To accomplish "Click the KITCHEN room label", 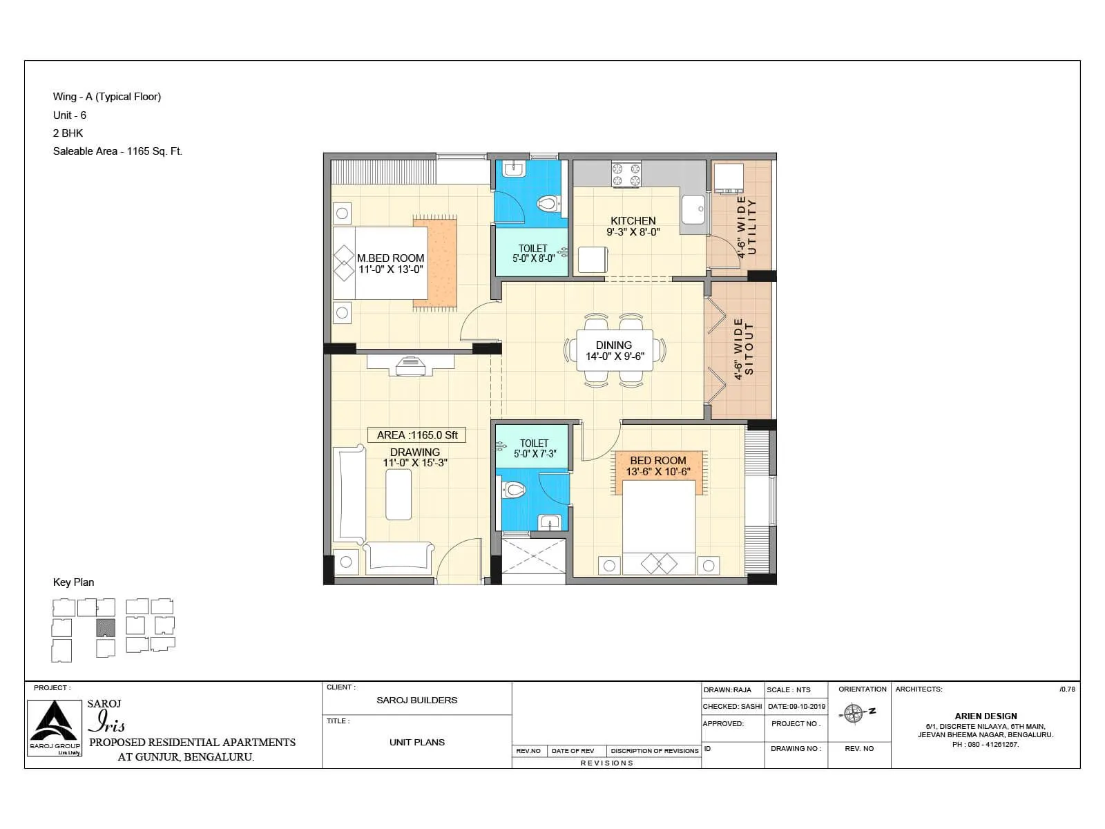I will pyautogui.click(x=633, y=221).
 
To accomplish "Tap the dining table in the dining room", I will pyautogui.click(x=614, y=351).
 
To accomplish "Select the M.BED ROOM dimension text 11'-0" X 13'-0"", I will pyautogui.click(x=390, y=270).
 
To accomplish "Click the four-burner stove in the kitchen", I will pyautogui.click(x=626, y=174).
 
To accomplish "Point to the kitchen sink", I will pyautogui.click(x=693, y=209).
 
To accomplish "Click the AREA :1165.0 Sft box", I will pyautogui.click(x=416, y=435).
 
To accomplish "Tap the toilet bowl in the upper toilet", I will pyautogui.click(x=547, y=204).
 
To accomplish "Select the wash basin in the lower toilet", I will pyautogui.click(x=550, y=522).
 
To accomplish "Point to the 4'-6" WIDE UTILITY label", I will pyautogui.click(x=747, y=227).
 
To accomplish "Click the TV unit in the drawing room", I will pyautogui.click(x=410, y=365).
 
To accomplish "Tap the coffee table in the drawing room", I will pyautogui.click(x=398, y=494).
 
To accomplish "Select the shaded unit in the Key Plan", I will pyautogui.click(x=104, y=627).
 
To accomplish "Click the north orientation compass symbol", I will pyautogui.click(x=854, y=713).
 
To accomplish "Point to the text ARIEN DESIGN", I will pyautogui.click(x=986, y=716).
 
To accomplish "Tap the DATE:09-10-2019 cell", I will pyautogui.click(x=796, y=707).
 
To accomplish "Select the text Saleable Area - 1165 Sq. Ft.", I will pyautogui.click(x=117, y=151).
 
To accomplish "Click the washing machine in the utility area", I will pyautogui.click(x=728, y=178).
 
